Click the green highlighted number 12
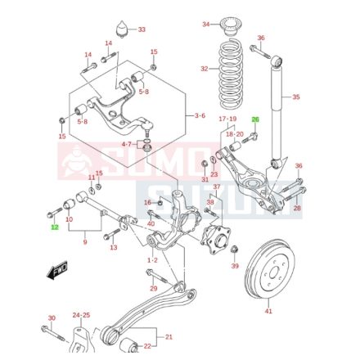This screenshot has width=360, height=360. click(55, 227)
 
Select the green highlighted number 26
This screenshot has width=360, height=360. click(254, 119)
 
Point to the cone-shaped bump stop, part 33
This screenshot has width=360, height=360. click(124, 30)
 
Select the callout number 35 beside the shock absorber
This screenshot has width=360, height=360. click(296, 97)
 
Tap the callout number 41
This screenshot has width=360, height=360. click(268, 312)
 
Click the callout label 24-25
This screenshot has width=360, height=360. click(81, 315)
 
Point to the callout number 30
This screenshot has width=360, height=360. click(52, 318)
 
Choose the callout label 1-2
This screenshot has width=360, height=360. click(153, 260)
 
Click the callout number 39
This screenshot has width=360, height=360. click(235, 267)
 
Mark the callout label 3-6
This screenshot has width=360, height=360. click(200, 115)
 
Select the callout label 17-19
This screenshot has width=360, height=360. click(227, 119)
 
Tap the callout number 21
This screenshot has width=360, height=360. click(169, 337)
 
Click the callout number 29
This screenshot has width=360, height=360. click(153, 289)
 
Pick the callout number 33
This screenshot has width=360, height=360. click(142, 30)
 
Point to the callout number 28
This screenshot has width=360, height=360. click(296, 209)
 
